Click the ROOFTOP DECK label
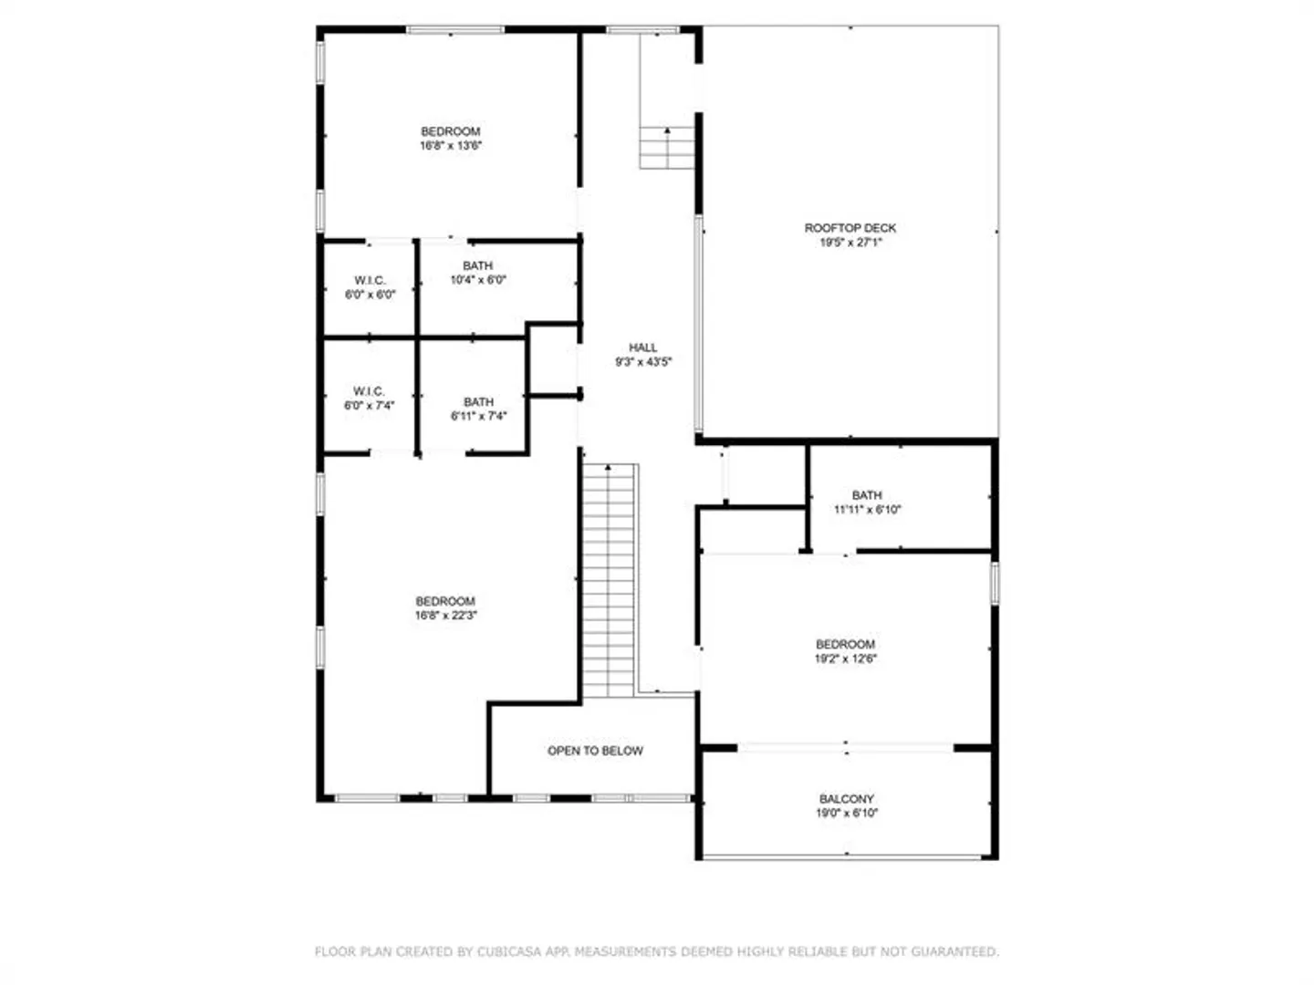(850, 228)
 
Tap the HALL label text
(643, 347)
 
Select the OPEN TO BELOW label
(595, 751)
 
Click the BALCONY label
(846, 798)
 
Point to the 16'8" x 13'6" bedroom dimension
(450, 145)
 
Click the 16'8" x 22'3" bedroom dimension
(445, 616)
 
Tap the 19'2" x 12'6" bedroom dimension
(845, 658)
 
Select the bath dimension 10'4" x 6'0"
(478, 279)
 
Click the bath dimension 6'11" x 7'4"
(478, 416)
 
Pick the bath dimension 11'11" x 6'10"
(867, 510)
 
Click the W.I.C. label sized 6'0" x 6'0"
(370, 280)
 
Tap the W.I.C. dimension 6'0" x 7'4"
(369, 406)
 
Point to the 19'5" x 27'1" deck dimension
(850, 243)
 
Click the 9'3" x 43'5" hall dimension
(643, 362)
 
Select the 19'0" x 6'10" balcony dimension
(846, 813)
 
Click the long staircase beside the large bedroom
(609, 580)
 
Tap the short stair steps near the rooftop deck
(667, 148)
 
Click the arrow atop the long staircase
(609, 467)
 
